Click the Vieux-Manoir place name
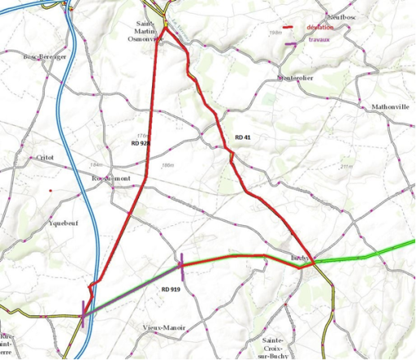click(x=162, y=327)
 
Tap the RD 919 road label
click(x=171, y=289)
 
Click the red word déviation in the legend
click(x=321, y=28)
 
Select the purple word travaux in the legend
click(x=318, y=40)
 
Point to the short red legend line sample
click(x=288, y=27)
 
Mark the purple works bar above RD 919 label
click(x=181, y=266)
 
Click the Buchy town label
click(x=299, y=259)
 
